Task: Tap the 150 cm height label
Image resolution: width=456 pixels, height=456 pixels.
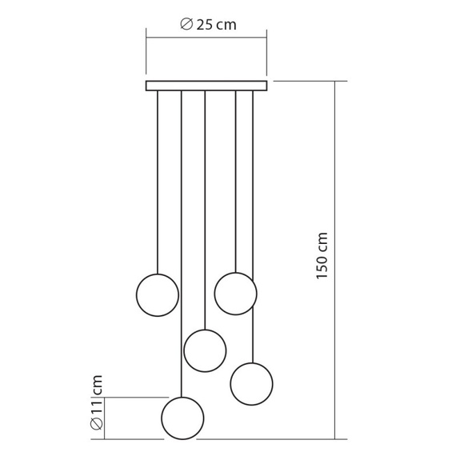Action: tap(322, 256)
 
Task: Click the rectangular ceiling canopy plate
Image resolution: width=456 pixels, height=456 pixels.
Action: tap(206, 86)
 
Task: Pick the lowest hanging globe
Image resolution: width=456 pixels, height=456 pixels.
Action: tap(182, 418)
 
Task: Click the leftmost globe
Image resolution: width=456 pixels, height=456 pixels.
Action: tap(158, 295)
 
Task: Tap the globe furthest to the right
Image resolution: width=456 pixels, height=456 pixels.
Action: tap(251, 384)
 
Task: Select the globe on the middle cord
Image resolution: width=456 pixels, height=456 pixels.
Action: tap(205, 350)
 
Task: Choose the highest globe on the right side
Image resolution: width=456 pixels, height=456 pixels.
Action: tap(235, 294)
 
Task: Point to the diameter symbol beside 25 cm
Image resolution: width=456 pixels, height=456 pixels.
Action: tap(186, 24)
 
